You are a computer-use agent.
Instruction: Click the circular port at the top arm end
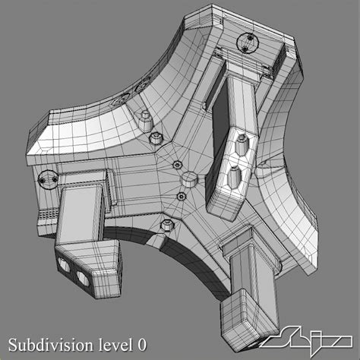tap(247, 43)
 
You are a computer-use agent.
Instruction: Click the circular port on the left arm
tap(47, 178)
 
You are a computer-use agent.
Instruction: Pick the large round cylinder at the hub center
tap(188, 180)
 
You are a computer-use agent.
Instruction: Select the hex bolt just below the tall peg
tap(155, 137)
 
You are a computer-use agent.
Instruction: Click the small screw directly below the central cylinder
tap(182, 197)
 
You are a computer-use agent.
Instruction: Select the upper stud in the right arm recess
tap(242, 142)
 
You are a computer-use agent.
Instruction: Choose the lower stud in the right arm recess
tap(234, 177)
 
